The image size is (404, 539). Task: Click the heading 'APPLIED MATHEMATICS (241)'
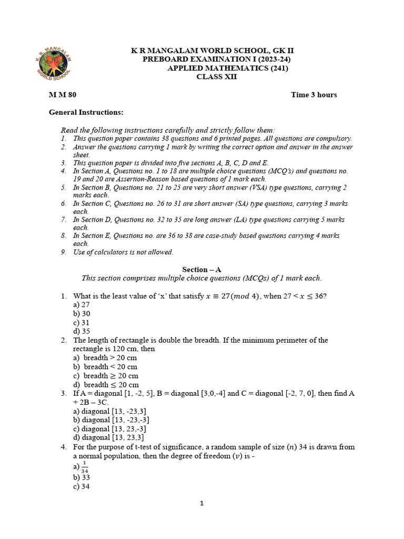(228, 68)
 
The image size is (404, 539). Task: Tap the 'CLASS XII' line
(217, 77)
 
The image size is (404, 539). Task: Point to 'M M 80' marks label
(63, 95)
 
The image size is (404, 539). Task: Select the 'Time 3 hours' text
(314, 95)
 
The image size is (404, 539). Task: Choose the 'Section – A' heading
(201, 269)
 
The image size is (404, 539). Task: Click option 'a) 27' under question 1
(82, 305)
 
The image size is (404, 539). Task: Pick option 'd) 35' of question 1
(82, 331)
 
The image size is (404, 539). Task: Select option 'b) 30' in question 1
(82, 314)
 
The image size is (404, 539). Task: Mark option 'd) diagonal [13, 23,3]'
(109, 437)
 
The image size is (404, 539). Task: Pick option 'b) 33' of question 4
(82, 477)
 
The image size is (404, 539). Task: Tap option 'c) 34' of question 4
(82, 487)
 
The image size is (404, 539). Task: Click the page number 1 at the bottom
(201, 503)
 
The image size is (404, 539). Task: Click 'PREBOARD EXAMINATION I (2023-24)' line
(217, 59)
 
